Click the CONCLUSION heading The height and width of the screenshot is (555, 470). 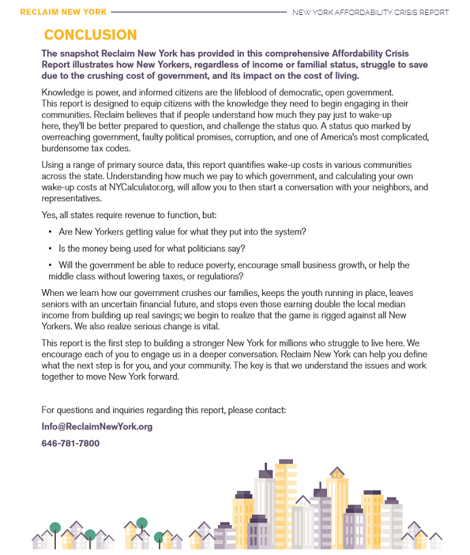click(90, 35)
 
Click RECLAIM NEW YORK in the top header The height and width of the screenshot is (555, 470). click(63, 12)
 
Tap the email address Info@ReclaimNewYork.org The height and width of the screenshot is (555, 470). click(97, 427)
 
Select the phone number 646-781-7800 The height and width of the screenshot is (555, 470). click(70, 443)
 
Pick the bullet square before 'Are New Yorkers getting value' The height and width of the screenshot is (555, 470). click(50, 232)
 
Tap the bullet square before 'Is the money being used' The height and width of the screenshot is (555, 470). click(50, 249)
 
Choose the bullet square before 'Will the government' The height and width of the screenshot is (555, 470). click(50, 265)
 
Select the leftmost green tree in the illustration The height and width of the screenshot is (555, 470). click(55, 527)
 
